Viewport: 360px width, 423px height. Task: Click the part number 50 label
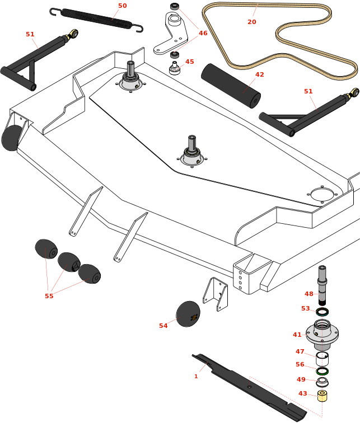coord(122,6)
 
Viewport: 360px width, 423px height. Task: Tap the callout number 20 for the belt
coord(252,22)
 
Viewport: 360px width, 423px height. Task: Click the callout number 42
coord(259,74)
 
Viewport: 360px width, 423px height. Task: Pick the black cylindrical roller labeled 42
coord(231,86)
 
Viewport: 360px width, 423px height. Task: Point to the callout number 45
coord(190,62)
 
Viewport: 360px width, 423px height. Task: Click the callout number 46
coord(203,33)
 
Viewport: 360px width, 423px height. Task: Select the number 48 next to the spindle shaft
coord(309,294)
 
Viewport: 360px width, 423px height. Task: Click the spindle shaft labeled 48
coord(322,285)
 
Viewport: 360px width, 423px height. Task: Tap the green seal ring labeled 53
coord(322,312)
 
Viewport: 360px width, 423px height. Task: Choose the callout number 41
coord(297,335)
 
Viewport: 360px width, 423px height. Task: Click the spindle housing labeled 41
coord(322,333)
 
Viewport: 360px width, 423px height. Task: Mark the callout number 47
coord(300,351)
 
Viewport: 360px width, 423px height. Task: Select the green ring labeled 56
coord(322,371)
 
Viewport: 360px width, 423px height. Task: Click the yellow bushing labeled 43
coord(322,396)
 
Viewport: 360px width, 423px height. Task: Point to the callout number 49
coord(301,379)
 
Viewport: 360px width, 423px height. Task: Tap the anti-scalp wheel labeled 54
coord(188,314)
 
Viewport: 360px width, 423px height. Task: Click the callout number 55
coord(49,296)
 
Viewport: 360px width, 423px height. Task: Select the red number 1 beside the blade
coord(196,376)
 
